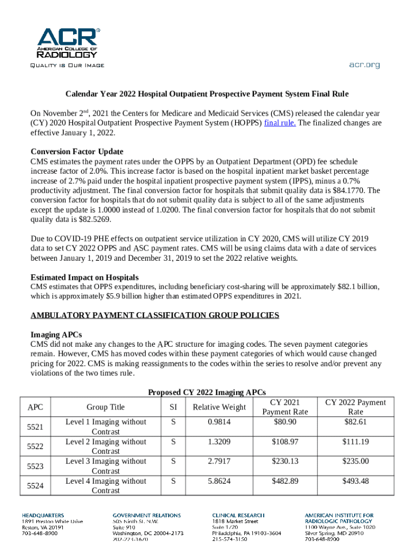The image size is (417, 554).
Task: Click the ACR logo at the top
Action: [68, 43]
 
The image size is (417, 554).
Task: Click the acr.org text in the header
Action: [364, 65]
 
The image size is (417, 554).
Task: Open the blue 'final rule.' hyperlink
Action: [279, 123]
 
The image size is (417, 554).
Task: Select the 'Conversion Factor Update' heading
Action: [81, 151]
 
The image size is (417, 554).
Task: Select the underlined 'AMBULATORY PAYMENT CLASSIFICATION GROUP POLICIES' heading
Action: [155, 315]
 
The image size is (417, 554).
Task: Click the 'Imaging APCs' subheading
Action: [56, 334]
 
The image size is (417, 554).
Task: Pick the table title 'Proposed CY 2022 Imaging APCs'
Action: [207, 392]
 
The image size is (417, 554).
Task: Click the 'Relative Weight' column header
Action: [219, 407]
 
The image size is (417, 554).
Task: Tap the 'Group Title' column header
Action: [106, 407]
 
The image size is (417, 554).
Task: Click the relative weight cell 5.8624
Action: [219, 481]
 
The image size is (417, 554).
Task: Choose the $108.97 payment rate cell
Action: [285, 442]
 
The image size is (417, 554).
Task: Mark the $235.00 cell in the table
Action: [355, 461]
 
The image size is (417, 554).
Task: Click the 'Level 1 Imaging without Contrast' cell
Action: [106, 427]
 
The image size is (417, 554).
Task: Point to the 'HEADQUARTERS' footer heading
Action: [43, 516]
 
